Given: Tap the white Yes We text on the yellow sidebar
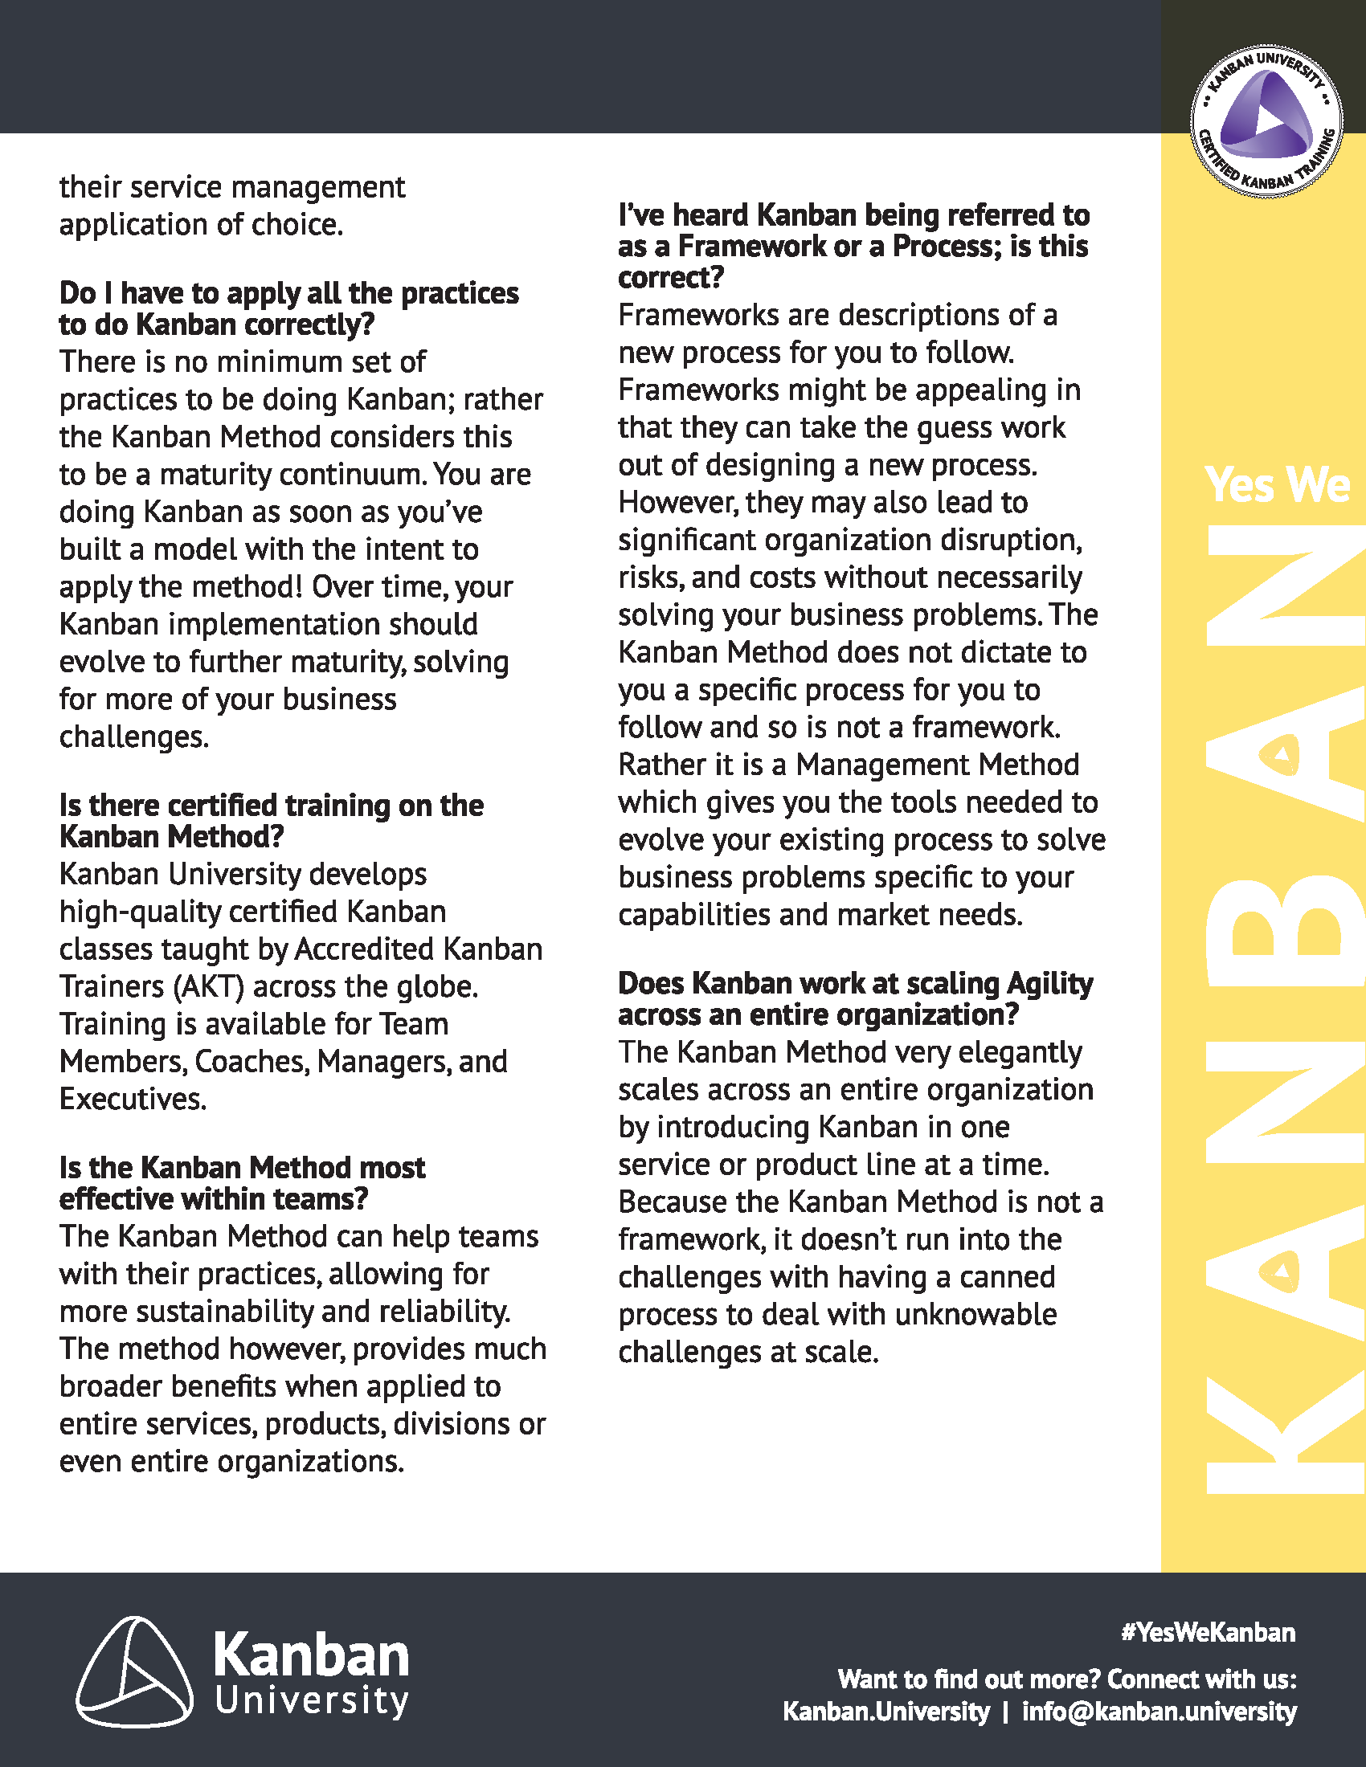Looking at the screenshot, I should [x=1277, y=484].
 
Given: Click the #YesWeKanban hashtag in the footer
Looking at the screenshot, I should [x=1208, y=1632].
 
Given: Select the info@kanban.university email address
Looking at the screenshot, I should [x=1159, y=1711].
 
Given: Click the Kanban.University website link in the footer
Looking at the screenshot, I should [x=885, y=1711].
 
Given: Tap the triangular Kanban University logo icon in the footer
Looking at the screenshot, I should [x=134, y=1671].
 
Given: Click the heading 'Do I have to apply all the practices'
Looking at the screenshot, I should [x=289, y=293].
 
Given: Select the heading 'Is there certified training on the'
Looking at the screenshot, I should [x=271, y=805].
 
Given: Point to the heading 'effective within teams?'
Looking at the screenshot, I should [x=214, y=1198].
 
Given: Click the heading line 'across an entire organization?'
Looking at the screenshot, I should [x=818, y=1014].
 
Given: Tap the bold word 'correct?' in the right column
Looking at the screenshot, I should [x=671, y=278].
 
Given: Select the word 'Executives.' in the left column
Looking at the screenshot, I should [x=133, y=1099].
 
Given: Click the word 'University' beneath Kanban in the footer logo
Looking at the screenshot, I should [x=312, y=1700].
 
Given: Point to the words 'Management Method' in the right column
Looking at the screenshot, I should [x=937, y=765].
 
